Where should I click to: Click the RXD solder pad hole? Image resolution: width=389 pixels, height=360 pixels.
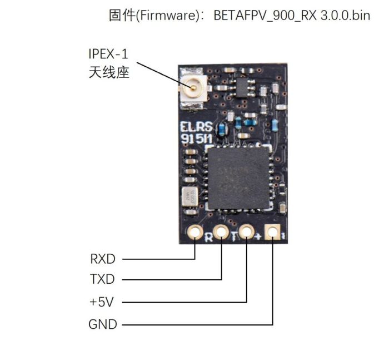(195, 232)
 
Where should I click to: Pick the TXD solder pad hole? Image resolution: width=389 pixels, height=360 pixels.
(221, 231)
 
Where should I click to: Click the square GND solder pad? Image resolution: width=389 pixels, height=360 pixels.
(273, 231)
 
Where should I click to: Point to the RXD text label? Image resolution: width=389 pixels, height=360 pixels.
(103, 259)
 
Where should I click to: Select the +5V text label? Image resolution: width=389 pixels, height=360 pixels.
(102, 302)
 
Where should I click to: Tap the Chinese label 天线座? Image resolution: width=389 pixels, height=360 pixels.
(109, 72)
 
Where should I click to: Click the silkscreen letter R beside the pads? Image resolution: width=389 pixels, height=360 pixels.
(208, 239)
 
